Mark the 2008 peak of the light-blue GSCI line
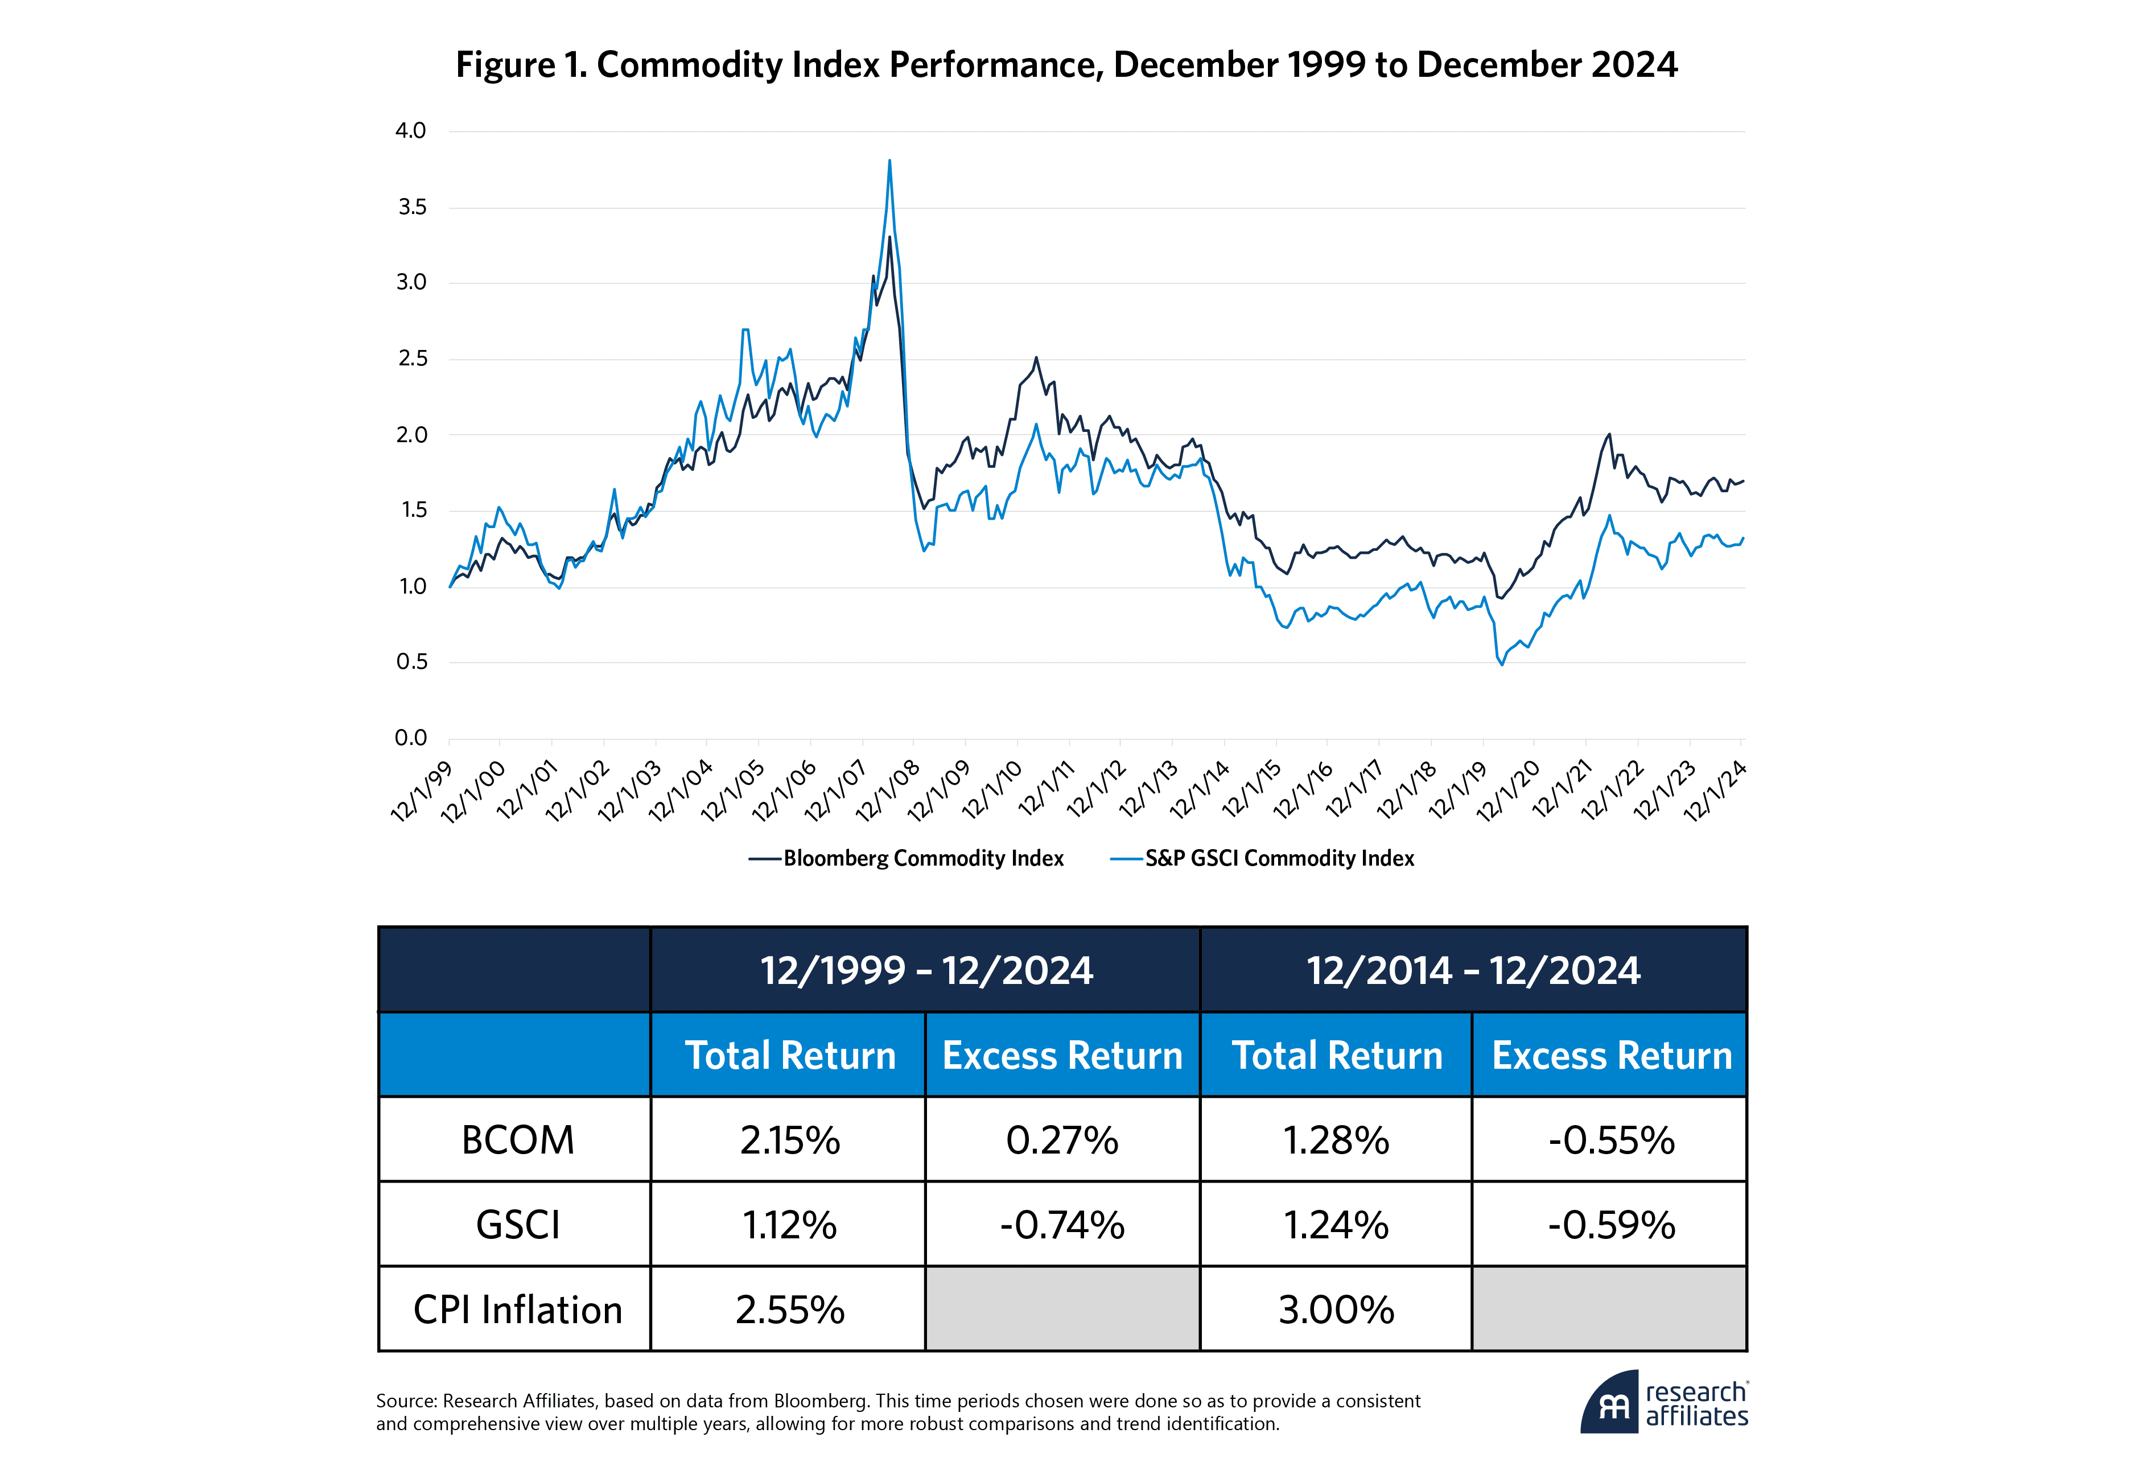coord(889,162)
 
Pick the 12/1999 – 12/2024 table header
coord(926,971)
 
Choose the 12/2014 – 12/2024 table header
coord(1473,971)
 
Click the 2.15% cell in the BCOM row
coord(790,1140)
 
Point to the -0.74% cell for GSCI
coord(1062,1225)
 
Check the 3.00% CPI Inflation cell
coord(1336,1309)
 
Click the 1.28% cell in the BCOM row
coord(1336,1140)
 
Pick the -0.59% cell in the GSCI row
coord(1610,1225)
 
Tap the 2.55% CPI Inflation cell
coord(790,1309)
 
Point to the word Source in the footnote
coord(405,1401)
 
